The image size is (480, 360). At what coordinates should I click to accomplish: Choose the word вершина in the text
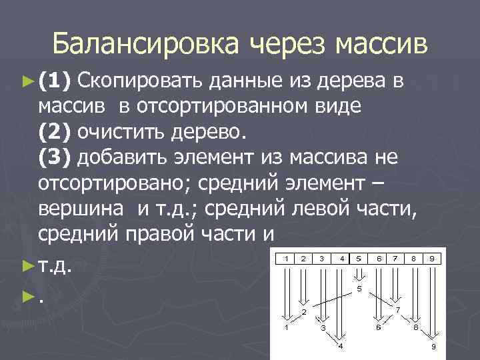point(81,208)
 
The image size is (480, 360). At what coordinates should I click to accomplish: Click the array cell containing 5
point(359,257)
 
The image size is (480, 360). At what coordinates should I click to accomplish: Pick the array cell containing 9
point(432,257)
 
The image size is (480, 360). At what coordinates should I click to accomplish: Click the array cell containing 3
point(322,257)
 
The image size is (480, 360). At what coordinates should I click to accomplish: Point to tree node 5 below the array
point(359,289)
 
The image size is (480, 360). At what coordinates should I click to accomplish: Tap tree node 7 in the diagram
point(397,310)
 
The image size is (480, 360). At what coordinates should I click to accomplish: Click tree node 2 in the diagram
point(304,311)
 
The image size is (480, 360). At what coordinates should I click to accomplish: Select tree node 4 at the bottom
point(341,346)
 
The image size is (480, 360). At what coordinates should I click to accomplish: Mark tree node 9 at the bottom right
point(433,347)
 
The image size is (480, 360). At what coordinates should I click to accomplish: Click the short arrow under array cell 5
point(359,273)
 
